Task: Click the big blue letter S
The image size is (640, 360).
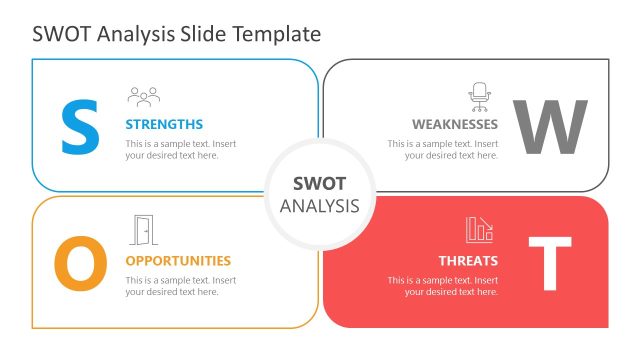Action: [x=80, y=126]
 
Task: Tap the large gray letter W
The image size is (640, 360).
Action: [x=549, y=127]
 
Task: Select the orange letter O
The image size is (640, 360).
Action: [x=79, y=264]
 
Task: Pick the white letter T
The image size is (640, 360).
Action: [x=549, y=263]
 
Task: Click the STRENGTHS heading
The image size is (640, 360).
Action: [x=164, y=125]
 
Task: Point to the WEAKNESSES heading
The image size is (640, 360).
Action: [x=455, y=125]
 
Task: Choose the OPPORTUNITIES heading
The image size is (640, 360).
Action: [x=178, y=261]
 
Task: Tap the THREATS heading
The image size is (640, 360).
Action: [x=467, y=261]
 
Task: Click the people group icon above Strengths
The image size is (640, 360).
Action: [x=143, y=97]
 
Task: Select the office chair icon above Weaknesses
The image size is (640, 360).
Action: [x=480, y=96]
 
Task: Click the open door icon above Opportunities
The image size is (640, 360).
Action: [x=143, y=231]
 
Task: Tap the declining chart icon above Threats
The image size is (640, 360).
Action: [x=479, y=230]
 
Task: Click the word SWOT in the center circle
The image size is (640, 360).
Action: [x=319, y=183]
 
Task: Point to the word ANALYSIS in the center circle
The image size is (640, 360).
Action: [x=319, y=206]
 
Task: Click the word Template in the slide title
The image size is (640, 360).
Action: [x=277, y=33]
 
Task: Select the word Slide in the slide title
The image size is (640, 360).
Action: [x=204, y=33]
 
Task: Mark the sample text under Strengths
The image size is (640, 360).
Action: [x=180, y=149]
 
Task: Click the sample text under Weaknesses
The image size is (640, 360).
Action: [x=443, y=149]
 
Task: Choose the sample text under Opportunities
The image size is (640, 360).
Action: [x=180, y=285]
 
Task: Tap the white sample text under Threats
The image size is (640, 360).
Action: [x=443, y=285]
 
